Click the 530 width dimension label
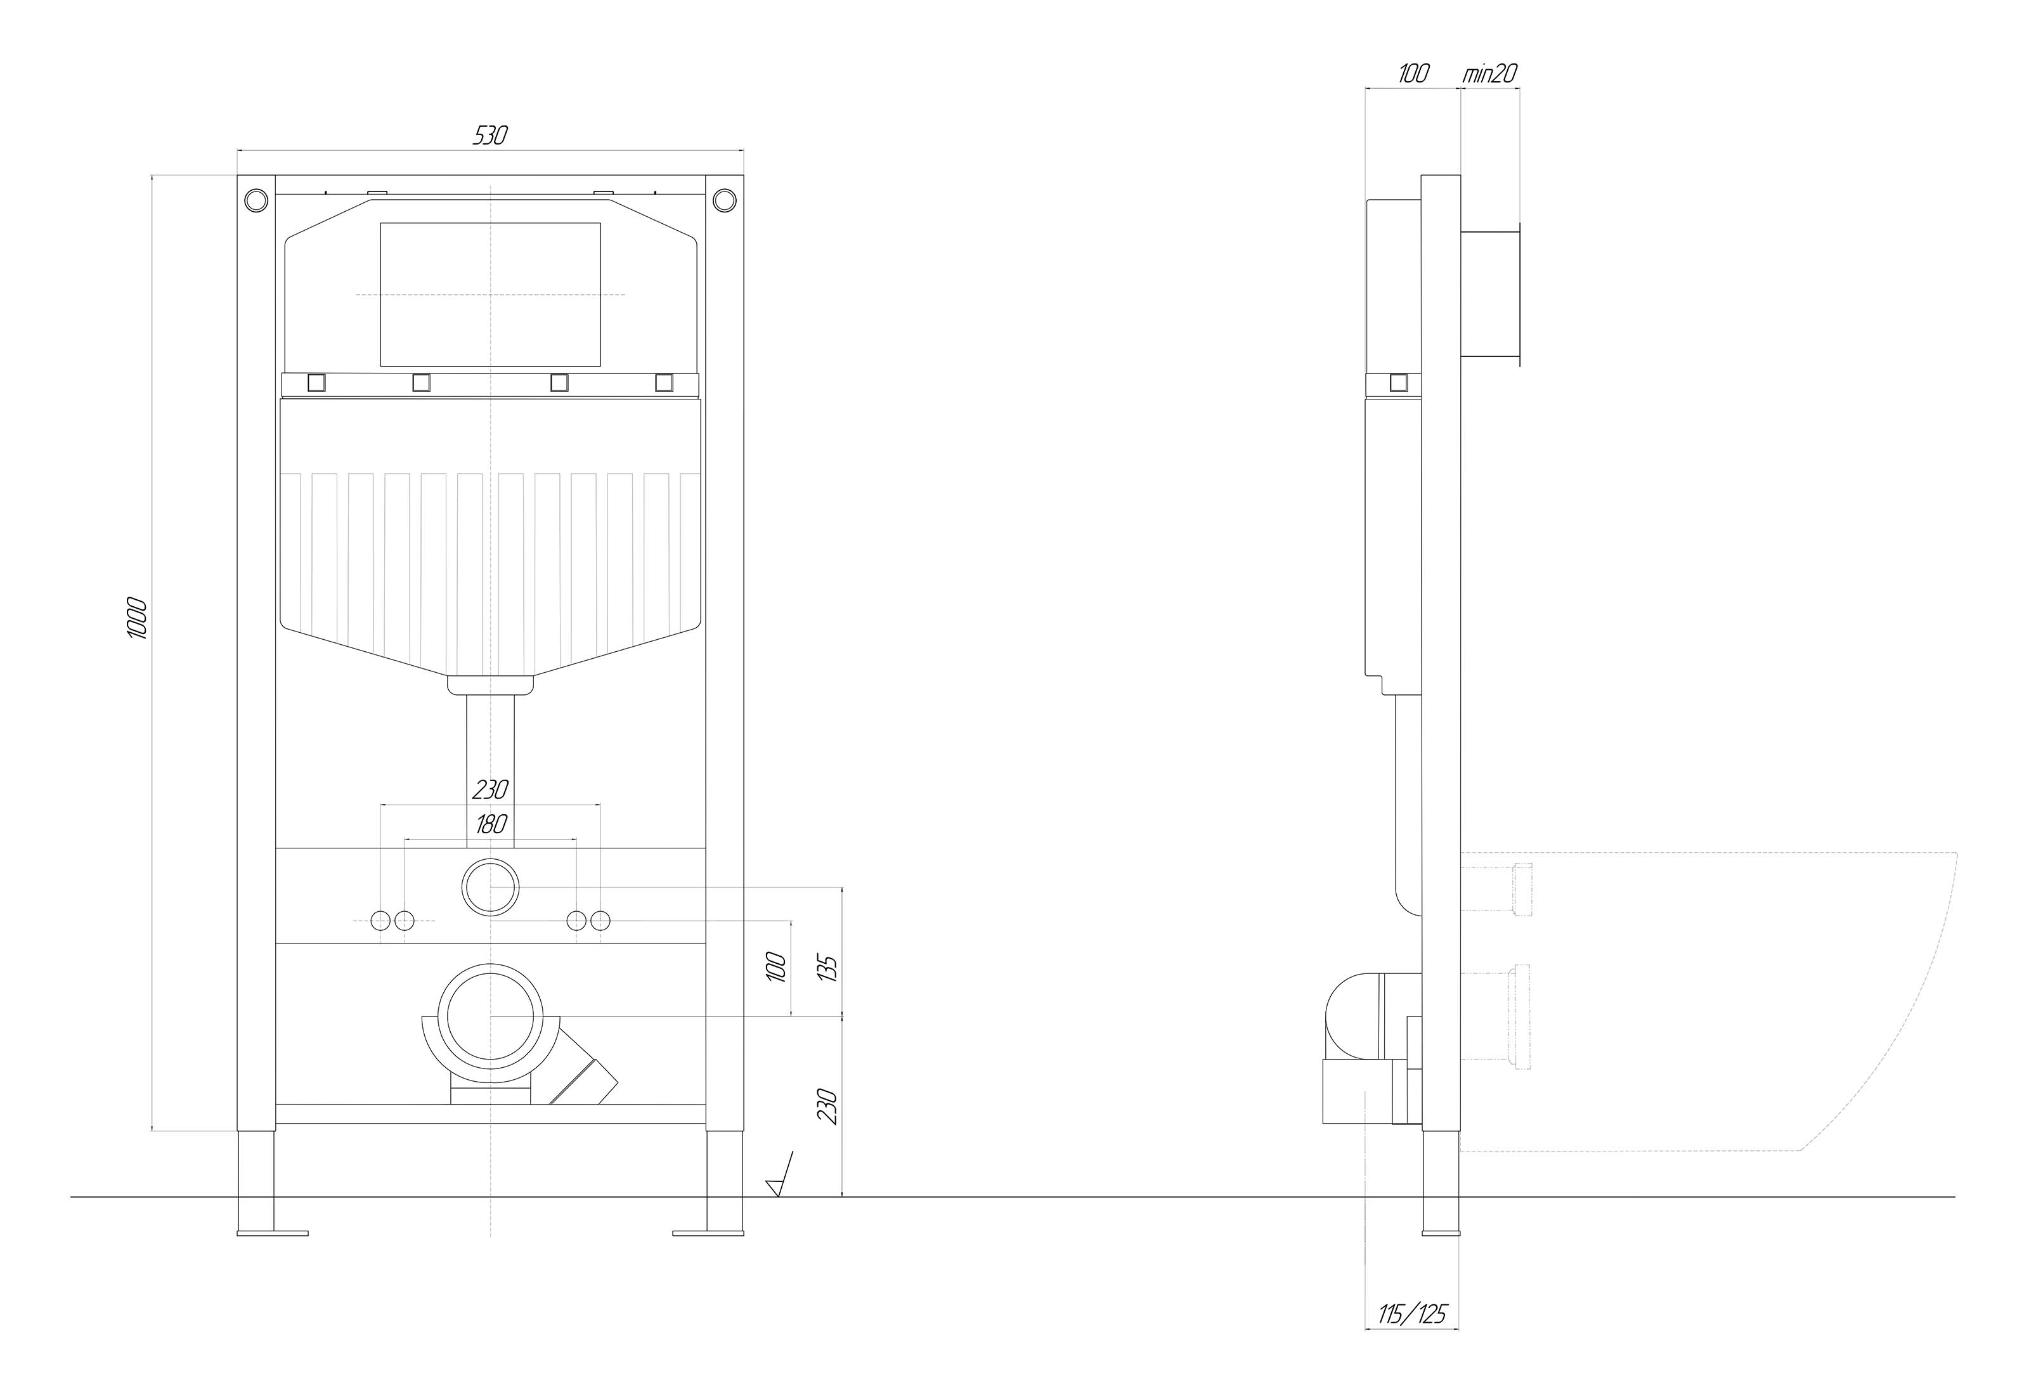(490, 136)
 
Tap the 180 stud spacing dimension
(492, 823)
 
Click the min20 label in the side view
(1491, 74)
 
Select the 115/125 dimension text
(1413, 1337)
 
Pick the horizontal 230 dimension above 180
(490, 790)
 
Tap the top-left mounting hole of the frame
(256, 200)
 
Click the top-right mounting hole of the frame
(724, 200)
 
